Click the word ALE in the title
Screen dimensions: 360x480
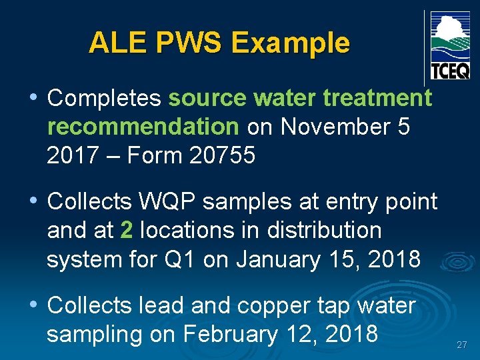111,43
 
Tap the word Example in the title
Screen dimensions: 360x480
290,43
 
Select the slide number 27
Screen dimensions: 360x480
461,345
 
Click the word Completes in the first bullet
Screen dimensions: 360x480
104,98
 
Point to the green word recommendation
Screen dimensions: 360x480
143,126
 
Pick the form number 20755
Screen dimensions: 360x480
223,155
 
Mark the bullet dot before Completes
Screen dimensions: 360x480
33,98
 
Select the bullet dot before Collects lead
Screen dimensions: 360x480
33,305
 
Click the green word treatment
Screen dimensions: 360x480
377,98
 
